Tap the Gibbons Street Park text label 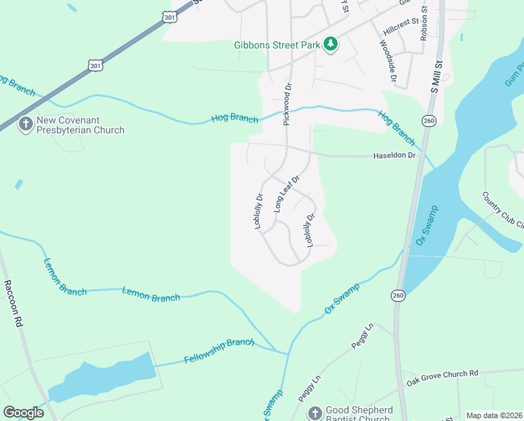tap(277, 45)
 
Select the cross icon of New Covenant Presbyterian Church tap(25, 124)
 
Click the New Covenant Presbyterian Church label tap(80, 125)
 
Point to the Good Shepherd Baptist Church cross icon tap(315, 413)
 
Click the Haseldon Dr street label tap(394, 154)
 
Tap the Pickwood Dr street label tap(286, 104)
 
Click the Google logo tap(24, 413)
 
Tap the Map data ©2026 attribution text tap(493, 415)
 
